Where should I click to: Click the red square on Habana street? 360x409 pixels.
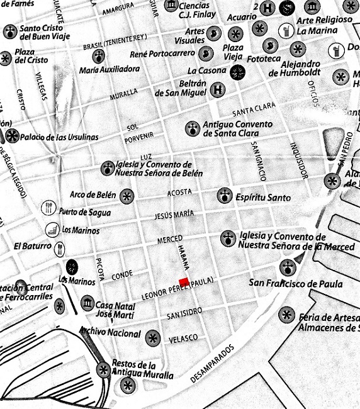(184, 282)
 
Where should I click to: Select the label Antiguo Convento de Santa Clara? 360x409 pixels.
(238, 128)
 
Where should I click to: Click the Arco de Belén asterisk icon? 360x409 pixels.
(127, 195)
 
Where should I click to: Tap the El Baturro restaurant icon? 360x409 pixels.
(60, 247)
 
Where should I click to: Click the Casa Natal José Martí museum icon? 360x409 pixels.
(87, 304)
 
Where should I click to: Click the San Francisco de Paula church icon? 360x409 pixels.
(288, 267)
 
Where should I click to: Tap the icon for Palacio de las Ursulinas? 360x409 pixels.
(12, 135)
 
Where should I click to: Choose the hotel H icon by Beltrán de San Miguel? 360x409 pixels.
(218, 90)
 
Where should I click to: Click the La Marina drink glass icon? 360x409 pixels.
(286, 30)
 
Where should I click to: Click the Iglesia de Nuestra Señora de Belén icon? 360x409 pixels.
(107, 168)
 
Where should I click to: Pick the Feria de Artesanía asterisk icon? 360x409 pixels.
(287, 314)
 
